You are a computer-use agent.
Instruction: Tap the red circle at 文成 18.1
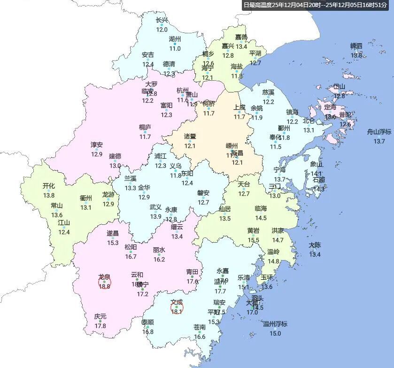[177, 308]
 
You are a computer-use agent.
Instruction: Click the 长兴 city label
[162, 21]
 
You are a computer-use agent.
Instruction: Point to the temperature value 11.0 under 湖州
[175, 48]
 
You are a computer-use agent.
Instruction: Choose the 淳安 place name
[97, 145]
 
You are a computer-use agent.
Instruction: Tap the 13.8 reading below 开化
[49, 195]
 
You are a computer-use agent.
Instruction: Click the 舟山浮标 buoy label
[379, 132]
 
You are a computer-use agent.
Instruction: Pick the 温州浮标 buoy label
[275, 324]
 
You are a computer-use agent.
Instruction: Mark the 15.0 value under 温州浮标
[275, 334]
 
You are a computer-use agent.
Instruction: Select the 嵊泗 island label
[356, 46]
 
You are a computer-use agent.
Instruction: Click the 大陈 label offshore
[315, 245]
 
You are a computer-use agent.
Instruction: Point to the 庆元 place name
[100, 316]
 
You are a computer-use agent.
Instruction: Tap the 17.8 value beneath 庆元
[100, 326]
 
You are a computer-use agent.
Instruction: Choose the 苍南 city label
[200, 327]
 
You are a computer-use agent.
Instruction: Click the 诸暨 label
[190, 137]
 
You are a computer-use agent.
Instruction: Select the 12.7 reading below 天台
[244, 194]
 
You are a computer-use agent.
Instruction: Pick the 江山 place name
[64, 222]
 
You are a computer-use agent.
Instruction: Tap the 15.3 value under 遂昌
[113, 243]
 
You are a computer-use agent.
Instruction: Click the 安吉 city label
[148, 55]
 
